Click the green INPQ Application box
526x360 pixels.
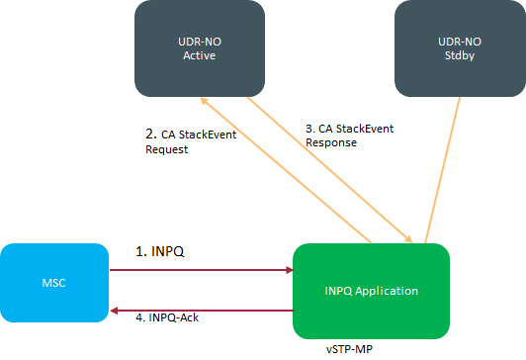tap(372, 291)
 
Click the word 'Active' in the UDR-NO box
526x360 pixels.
tap(199, 56)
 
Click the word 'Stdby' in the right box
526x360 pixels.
tap(460, 56)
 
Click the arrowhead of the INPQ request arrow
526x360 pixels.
tap(288, 269)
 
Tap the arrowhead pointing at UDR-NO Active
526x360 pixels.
tap(204, 101)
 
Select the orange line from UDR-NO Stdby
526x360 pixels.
tap(444, 168)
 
